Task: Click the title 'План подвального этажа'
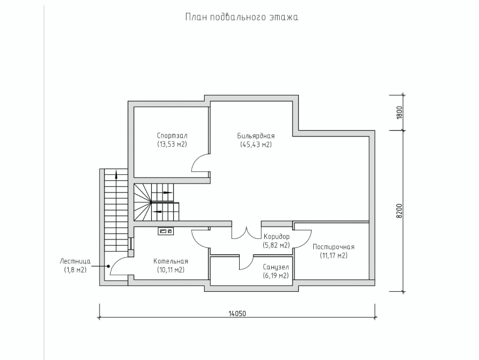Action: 241,17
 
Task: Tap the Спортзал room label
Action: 172,135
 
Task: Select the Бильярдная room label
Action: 256,136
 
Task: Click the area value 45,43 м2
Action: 256,145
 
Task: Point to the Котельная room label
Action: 171,261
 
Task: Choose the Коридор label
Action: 277,236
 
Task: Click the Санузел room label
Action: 276,267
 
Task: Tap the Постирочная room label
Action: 334,247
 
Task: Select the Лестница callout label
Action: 75,261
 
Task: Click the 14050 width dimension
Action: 237,314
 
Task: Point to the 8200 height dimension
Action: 400,211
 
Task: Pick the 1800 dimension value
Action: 400,113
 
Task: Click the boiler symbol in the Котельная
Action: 166,231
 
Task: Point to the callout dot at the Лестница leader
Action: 108,266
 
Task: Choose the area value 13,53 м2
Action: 172,144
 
